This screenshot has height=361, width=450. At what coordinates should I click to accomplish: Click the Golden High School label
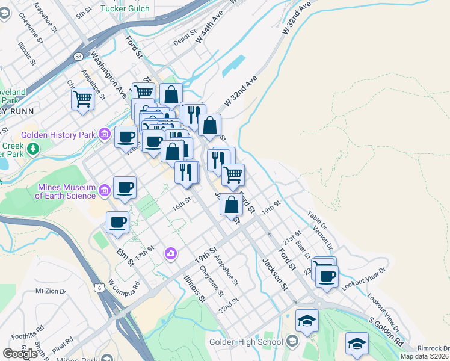tap(246, 342)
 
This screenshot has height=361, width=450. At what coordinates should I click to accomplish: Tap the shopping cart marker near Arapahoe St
tap(82, 98)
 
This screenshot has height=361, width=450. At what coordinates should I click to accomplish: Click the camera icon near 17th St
tap(171, 254)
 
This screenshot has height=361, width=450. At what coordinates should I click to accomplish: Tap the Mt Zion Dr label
tap(50, 291)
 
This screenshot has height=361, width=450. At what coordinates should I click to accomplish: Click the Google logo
tap(20, 354)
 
